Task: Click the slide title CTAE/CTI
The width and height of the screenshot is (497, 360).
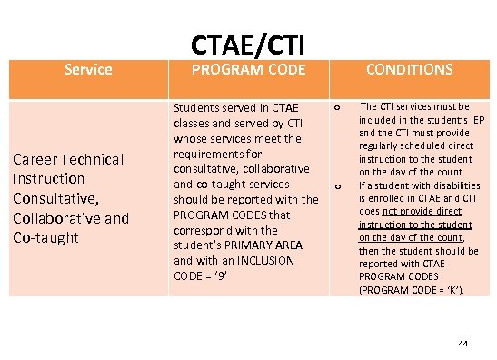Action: coord(247,43)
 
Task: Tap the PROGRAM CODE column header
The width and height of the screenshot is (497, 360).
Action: coord(247,69)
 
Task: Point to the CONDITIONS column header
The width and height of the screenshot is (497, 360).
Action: coord(409,69)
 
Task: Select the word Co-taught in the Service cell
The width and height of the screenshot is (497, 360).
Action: coord(46,237)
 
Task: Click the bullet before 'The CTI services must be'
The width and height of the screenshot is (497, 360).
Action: coord(337,108)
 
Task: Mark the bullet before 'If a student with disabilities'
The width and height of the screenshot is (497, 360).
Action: coord(337,187)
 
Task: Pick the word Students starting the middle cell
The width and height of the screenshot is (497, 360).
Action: coord(198,110)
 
